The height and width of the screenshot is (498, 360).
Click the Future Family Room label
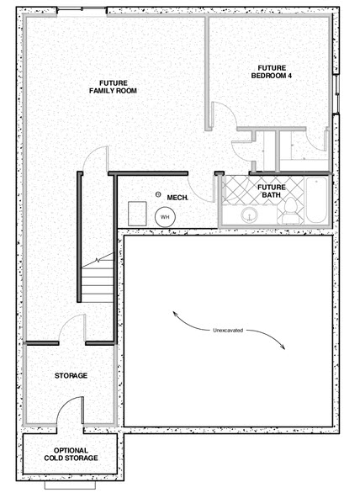click(x=113, y=87)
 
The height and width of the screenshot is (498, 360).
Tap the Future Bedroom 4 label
click(x=272, y=72)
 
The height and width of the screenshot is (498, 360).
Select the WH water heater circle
click(x=165, y=217)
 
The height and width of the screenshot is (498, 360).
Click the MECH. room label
click(x=177, y=198)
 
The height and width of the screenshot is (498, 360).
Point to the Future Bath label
click(x=272, y=191)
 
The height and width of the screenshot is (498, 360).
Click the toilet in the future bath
click(x=290, y=210)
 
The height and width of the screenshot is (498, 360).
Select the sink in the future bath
click(x=250, y=215)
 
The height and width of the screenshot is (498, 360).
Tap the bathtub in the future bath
click(x=316, y=200)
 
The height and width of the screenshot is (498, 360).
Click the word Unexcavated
click(x=228, y=331)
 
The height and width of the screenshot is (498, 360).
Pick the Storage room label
click(x=71, y=376)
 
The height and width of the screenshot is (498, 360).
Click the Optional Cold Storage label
click(x=71, y=454)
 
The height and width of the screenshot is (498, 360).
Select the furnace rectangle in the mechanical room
click(x=137, y=214)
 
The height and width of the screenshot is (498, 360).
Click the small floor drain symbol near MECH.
click(x=158, y=194)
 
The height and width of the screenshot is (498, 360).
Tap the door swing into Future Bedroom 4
click(x=224, y=115)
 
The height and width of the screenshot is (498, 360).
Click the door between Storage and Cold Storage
click(x=71, y=410)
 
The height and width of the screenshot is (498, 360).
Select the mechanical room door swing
click(x=201, y=188)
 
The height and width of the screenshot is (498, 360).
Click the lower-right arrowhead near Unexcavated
click(x=283, y=347)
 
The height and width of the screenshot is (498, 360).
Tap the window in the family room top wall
click(x=82, y=9)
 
